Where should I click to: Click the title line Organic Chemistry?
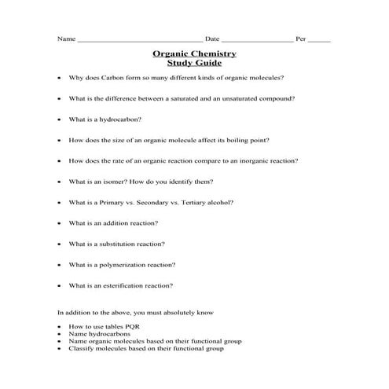click(193, 53)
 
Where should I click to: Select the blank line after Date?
click(257, 39)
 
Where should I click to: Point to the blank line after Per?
click(319, 39)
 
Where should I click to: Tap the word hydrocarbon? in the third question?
click(123, 119)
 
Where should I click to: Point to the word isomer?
click(124, 182)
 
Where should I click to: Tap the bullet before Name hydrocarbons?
click(61, 335)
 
